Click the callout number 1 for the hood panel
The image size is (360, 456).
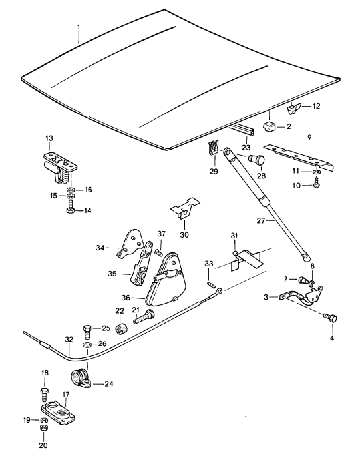pyautogui.click(x=79, y=27)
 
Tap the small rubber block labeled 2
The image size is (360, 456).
pyautogui.click(x=270, y=127)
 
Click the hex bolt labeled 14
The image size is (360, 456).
pyautogui.click(x=71, y=210)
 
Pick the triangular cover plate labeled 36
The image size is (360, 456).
pyautogui.click(x=164, y=281)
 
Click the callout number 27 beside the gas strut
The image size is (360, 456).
pyautogui.click(x=261, y=221)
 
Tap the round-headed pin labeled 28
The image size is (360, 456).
pyautogui.click(x=257, y=160)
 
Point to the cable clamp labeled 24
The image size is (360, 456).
pyautogui.click(x=81, y=379)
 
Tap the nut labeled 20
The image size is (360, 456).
pyautogui.click(x=44, y=427)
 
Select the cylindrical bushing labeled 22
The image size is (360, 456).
pyautogui.click(x=122, y=328)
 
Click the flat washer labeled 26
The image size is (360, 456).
pyautogui.click(x=87, y=345)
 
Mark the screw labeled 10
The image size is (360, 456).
pyautogui.click(x=316, y=184)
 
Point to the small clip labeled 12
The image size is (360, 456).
pyautogui.click(x=294, y=109)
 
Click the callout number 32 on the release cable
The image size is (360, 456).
pyautogui.click(x=69, y=339)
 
